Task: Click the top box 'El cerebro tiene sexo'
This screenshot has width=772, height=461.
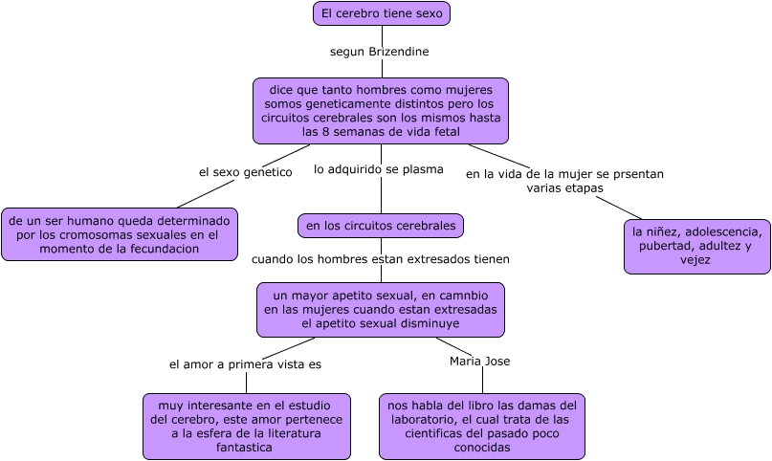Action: [381, 13]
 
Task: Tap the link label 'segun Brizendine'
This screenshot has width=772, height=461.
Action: [379, 51]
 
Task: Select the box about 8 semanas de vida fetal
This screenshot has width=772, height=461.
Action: [381, 111]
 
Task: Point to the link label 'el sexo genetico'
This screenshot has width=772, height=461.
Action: [244, 172]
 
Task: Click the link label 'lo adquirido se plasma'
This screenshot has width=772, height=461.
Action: [379, 170]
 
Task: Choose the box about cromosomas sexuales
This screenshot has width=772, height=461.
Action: [120, 234]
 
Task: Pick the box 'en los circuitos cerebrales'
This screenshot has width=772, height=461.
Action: [381, 226]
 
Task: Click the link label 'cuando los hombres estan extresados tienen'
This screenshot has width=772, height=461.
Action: [381, 259]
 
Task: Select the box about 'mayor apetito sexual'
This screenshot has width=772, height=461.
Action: [381, 309]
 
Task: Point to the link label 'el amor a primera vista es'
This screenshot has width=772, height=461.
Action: [246, 364]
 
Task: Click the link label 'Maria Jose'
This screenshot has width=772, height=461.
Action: [479, 362]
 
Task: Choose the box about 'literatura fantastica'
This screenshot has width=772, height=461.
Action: [247, 426]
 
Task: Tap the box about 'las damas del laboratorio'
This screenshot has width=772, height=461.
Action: [481, 426]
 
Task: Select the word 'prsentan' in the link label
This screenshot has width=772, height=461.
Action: [637, 174]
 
